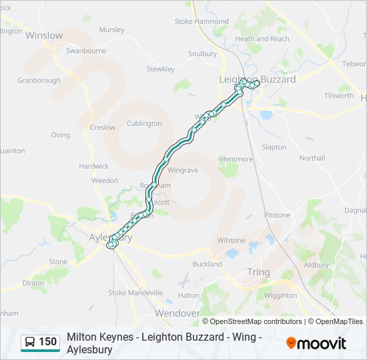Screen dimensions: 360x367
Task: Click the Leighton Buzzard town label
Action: [258, 79]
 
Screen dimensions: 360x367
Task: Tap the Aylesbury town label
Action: [111, 237]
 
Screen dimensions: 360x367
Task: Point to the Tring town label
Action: [258, 272]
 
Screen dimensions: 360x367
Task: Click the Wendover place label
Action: [177, 313]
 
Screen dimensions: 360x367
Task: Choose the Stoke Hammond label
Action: [202, 21]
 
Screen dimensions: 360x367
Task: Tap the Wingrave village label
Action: [183, 170]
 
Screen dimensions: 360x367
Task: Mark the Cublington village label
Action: [144, 123]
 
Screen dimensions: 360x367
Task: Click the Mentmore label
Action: [236, 159]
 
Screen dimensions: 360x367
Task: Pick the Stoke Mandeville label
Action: [135, 293]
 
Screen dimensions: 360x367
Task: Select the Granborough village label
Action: [39, 81]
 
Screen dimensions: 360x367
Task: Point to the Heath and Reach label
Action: [262, 39]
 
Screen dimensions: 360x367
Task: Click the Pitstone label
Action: [278, 215]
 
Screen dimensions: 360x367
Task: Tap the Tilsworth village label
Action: [339, 95]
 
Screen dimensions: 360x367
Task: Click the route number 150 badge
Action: [48, 342]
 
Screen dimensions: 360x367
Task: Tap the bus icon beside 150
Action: [31, 343]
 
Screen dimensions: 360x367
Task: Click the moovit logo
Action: [316, 343]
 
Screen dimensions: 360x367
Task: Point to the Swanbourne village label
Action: [86, 51]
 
